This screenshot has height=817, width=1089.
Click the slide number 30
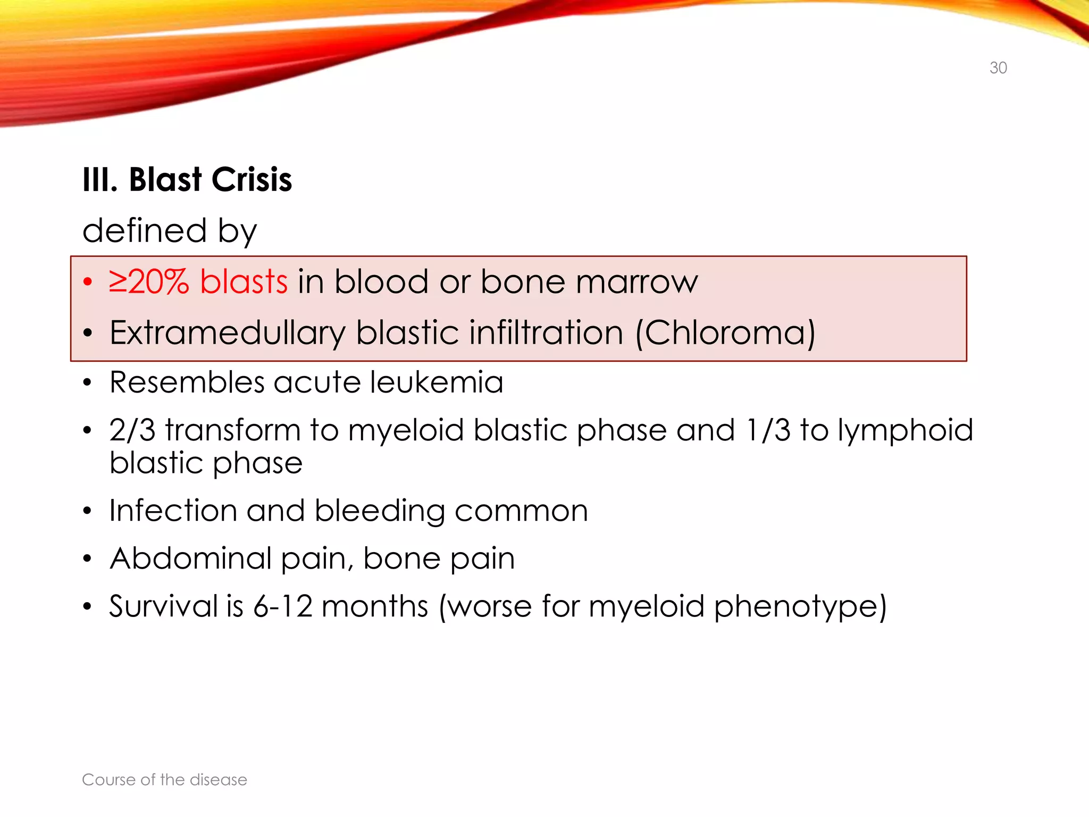click(998, 68)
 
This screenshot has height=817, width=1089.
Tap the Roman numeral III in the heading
click(99, 180)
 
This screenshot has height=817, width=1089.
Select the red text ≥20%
click(148, 282)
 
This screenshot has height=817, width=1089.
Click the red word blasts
click(244, 282)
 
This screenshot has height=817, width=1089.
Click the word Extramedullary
click(228, 334)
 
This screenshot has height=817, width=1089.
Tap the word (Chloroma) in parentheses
click(725, 334)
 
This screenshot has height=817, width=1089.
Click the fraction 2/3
click(132, 430)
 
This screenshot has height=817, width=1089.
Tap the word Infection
click(173, 511)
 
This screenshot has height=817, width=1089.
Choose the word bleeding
click(379, 512)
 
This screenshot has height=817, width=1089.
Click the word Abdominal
click(190, 558)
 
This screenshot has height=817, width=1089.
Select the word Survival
click(163, 606)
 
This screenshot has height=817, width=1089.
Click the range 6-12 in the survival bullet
click(282, 606)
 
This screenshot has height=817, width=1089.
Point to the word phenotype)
click(800, 607)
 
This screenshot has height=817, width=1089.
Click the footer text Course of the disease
click(164, 780)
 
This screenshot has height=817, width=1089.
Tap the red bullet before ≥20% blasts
click(88, 282)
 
